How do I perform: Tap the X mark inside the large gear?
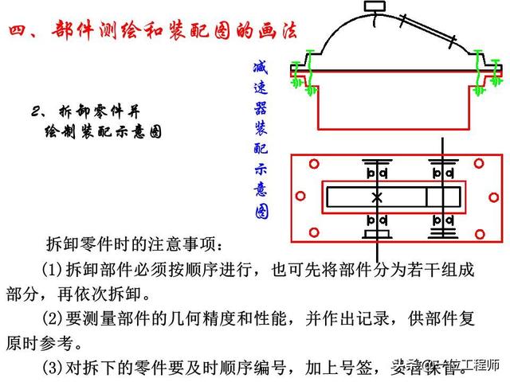(x=377, y=196)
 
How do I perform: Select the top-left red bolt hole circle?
(x=314, y=164)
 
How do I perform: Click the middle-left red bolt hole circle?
(x=300, y=196)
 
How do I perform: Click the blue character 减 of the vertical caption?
(x=260, y=68)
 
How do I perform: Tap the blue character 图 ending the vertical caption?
(x=261, y=212)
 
